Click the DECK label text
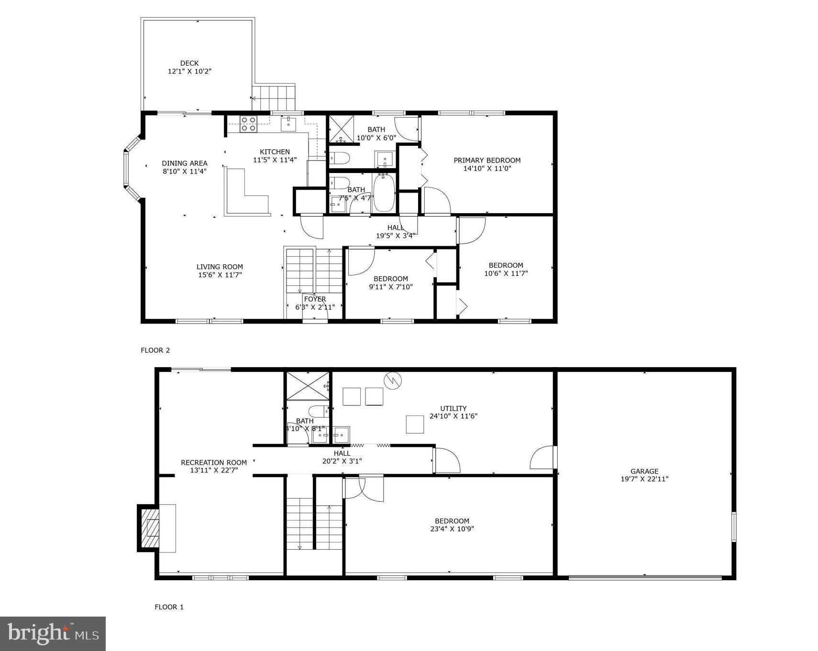pos(189,63)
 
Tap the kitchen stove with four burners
pos(248,124)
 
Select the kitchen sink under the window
pos(288,124)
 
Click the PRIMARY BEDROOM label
pos(487,160)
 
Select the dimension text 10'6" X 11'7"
pos(506,273)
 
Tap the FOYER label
pos(315,299)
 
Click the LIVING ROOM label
pos(220,267)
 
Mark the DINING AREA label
pos(184,163)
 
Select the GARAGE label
pos(644,471)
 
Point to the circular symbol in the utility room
pos(392,380)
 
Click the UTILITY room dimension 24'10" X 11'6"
pos(453,416)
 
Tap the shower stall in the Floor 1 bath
pos(307,385)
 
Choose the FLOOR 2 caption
pos(155,350)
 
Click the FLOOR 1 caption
pos(169,607)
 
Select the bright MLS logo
pos(53,633)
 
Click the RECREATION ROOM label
pos(214,462)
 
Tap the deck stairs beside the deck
pos(274,97)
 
